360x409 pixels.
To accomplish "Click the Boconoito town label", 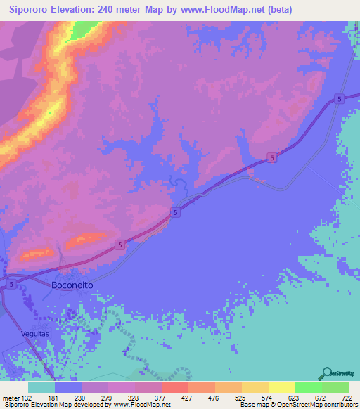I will point(73,285).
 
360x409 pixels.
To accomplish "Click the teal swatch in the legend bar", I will point(41,387).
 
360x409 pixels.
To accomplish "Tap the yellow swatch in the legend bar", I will point(281,387).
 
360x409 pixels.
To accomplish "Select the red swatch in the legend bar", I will point(174,387).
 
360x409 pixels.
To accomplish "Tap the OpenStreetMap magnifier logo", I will point(327,374).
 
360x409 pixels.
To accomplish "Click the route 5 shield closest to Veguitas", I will point(12,284).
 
